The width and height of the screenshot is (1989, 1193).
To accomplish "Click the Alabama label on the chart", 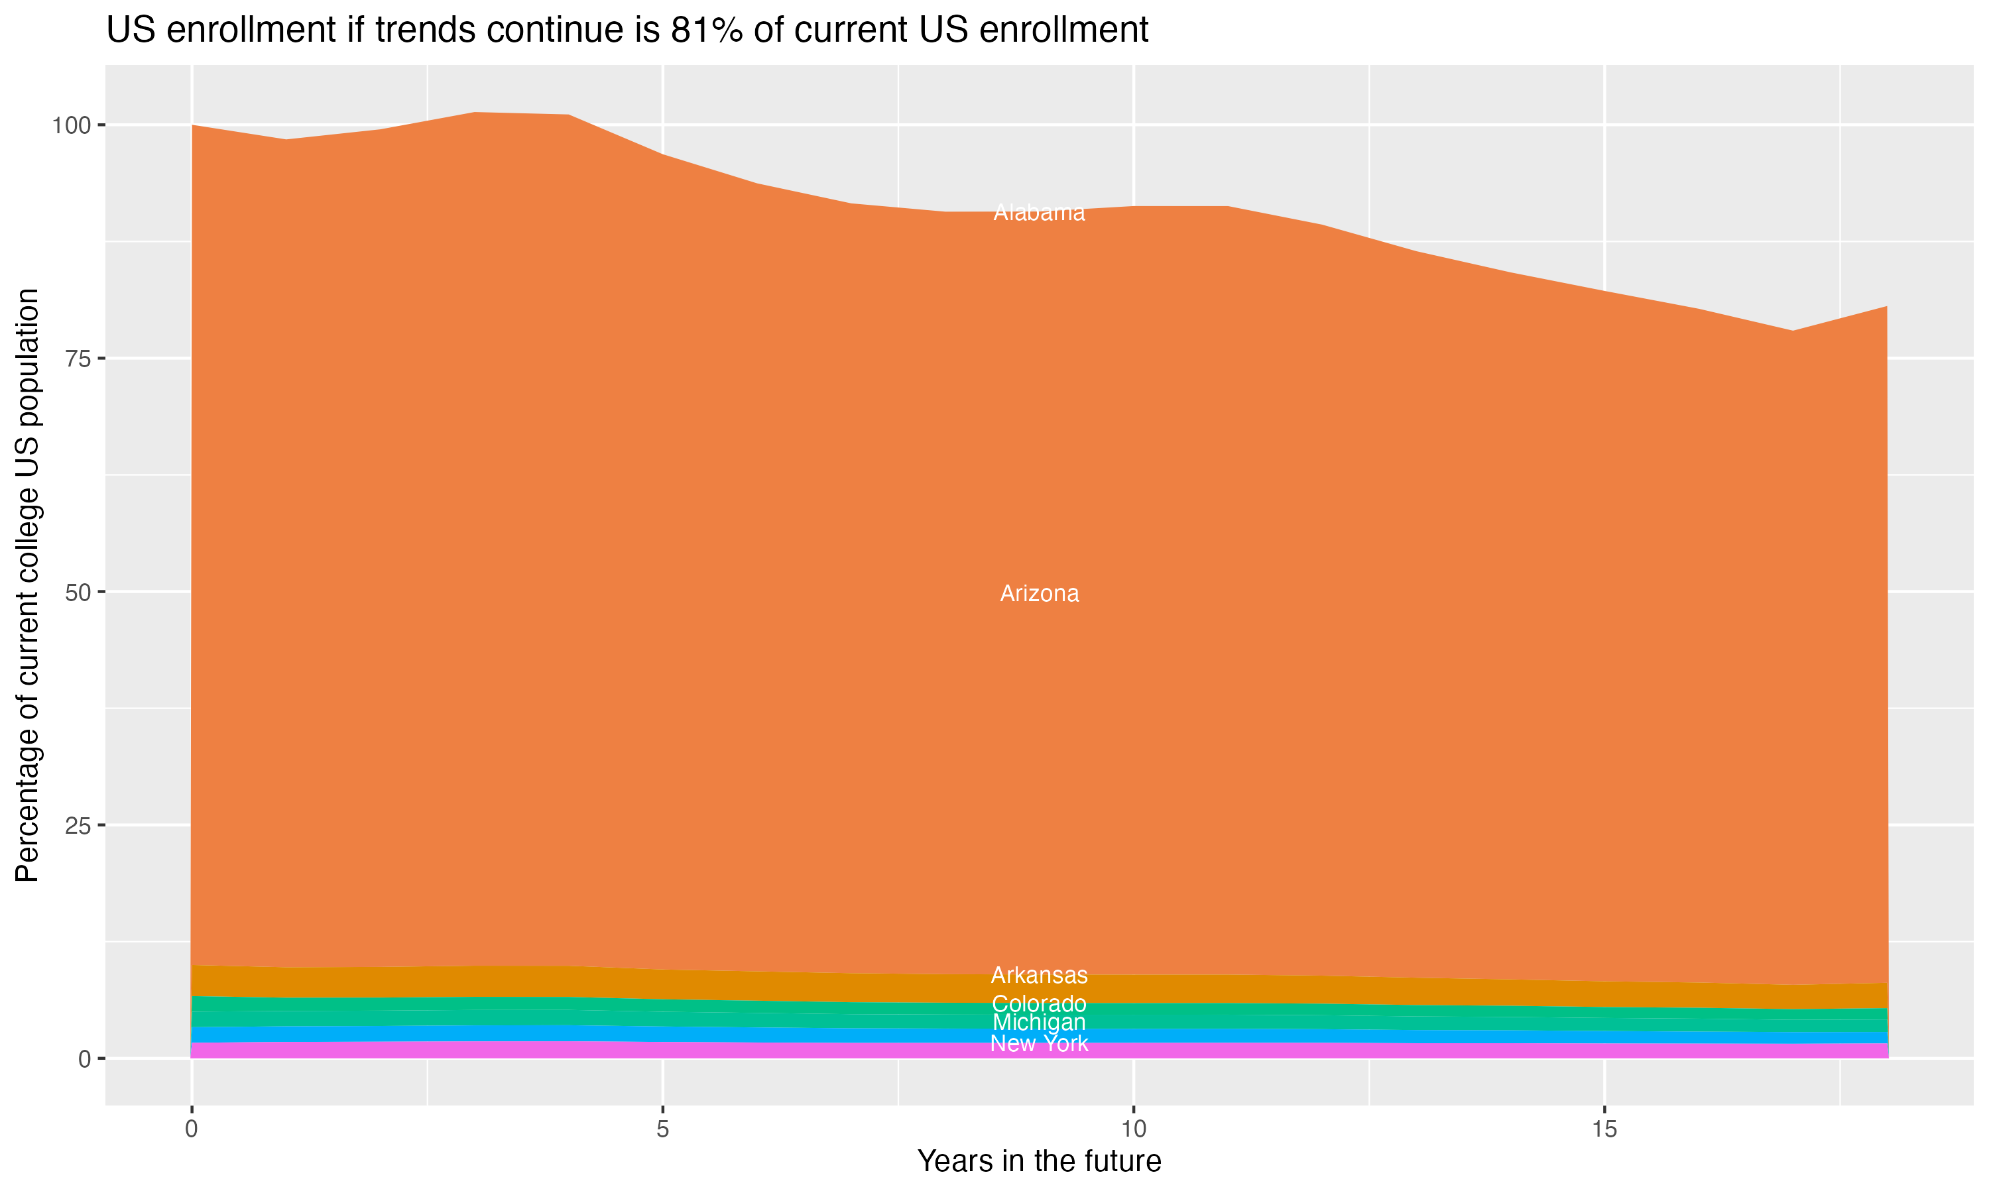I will pyautogui.click(x=1039, y=213).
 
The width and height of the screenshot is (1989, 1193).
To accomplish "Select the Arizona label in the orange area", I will pyautogui.click(x=1039, y=594).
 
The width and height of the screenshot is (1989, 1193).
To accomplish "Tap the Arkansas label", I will pyautogui.click(x=1039, y=975).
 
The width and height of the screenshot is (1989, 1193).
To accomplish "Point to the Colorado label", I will pyautogui.click(x=1039, y=1004).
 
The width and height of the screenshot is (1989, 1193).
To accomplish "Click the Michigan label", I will pyautogui.click(x=1039, y=1023).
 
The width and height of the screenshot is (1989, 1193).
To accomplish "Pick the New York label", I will pyautogui.click(x=1039, y=1043).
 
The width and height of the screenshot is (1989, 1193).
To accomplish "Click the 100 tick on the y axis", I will pyautogui.click(x=72, y=125).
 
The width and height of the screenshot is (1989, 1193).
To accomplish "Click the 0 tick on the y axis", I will pyautogui.click(x=84, y=1058).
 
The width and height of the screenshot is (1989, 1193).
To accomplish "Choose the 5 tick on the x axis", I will pyautogui.click(x=662, y=1129).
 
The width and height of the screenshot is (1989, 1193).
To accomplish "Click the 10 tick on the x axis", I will pyautogui.click(x=1133, y=1129).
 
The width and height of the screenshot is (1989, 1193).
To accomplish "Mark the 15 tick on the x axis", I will pyautogui.click(x=1604, y=1129).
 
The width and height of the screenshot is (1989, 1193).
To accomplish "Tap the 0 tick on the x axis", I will pyautogui.click(x=192, y=1129).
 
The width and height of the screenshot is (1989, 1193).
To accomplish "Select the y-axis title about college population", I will pyautogui.click(x=27, y=585).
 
